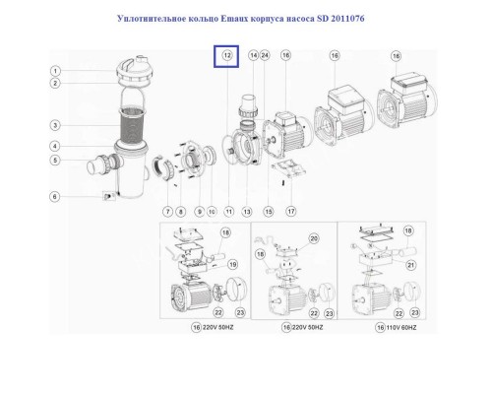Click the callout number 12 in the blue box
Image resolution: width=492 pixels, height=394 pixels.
point(227,57)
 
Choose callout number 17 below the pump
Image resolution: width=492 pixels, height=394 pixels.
point(290,211)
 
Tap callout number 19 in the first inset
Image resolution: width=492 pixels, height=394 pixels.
point(232,265)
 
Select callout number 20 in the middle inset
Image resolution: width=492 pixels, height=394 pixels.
point(315,239)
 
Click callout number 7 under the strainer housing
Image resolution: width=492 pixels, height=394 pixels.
point(168,211)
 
